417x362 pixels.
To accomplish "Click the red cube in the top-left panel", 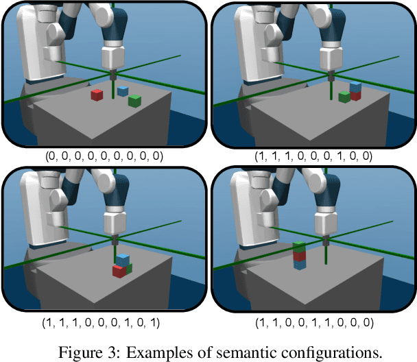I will (x=97, y=95).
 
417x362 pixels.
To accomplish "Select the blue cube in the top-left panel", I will (x=123, y=90).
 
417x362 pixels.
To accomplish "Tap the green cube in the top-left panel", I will (x=135, y=101).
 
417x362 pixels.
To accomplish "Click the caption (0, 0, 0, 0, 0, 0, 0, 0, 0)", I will (x=104, y=156).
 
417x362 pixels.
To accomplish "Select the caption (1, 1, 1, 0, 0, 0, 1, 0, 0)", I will (x=313, y=156).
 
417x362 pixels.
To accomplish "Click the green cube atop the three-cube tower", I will (x=299, y=247).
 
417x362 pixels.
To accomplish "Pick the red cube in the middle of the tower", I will (x=299, y=256).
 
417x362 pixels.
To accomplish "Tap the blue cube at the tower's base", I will (x=299, y=265).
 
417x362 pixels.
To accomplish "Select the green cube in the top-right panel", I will (x=344, y=97).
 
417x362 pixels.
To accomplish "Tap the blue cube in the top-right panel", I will (x=355, y=87).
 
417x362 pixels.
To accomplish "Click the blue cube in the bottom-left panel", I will (x=123, y=259).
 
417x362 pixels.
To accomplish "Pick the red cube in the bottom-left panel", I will (x=119, y=271).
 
